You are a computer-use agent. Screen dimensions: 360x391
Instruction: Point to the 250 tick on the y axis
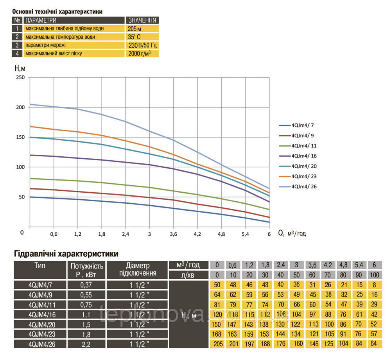(x=20, y=77)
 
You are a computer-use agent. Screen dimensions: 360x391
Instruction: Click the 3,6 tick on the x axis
(x=174, y=234)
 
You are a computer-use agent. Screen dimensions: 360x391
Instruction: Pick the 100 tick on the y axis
(x=20, y=167)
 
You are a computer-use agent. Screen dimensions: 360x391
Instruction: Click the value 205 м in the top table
(x=134, y=29)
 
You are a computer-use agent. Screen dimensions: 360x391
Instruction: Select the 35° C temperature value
(x=134, y=37)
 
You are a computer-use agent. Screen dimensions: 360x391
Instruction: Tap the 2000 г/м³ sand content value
(x=139, y=53)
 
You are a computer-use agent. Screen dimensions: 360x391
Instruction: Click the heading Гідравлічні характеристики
(x=66, y=254)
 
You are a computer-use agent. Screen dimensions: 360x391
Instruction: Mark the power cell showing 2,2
(x=86, y=344)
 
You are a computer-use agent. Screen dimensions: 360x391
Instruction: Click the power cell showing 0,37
(x=86, y=285)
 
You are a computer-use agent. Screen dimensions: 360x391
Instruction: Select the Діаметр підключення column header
(x=138, y=269)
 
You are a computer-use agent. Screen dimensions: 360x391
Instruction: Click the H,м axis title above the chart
(x=20, y=68)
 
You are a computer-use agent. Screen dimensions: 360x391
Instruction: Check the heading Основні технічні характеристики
(x=57, y=12)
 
